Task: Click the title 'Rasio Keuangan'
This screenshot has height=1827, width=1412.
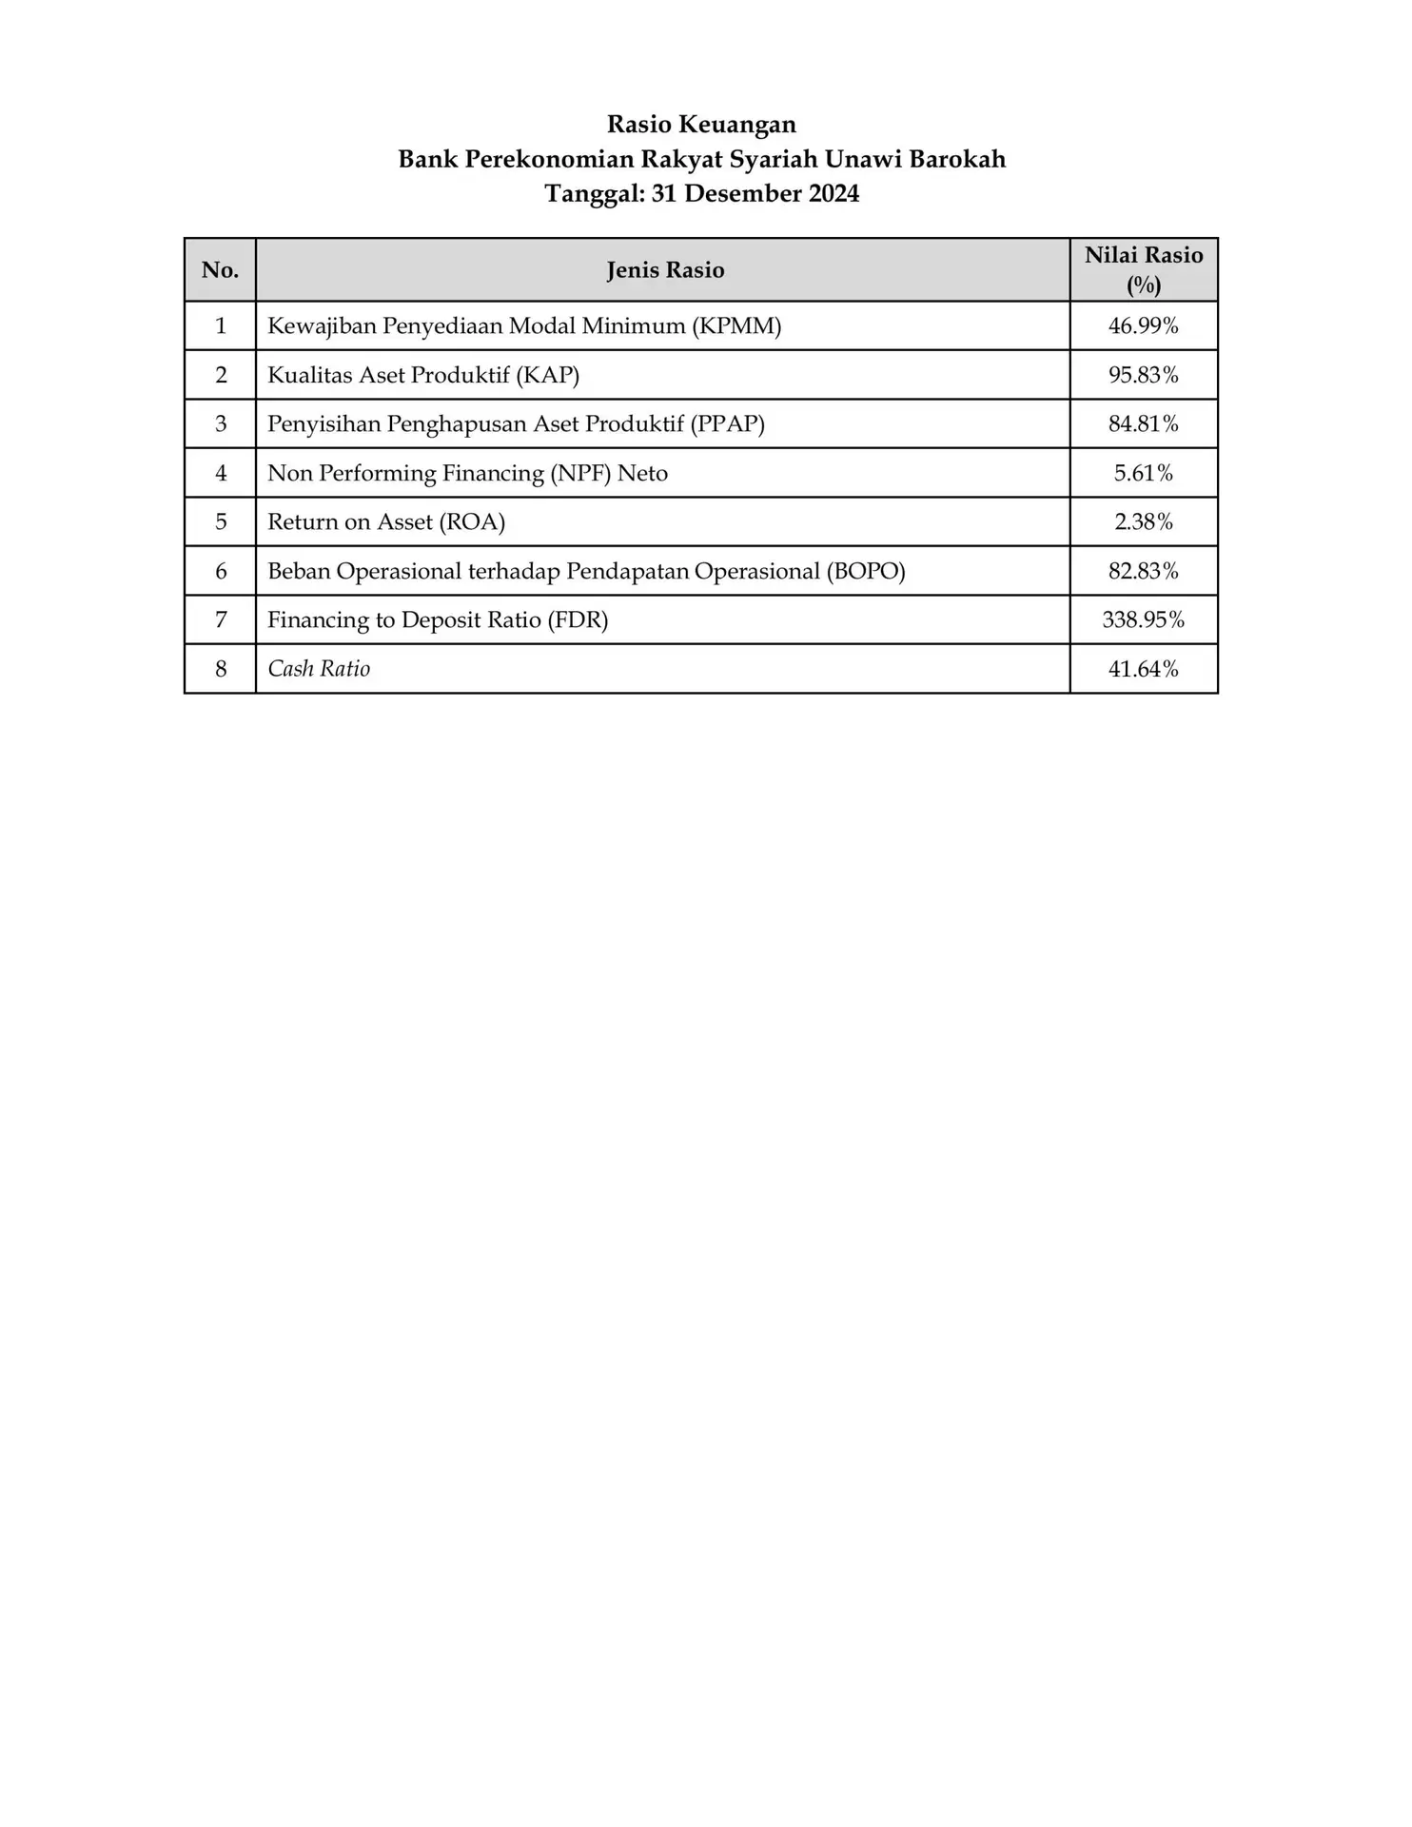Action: click(x=701, y=125)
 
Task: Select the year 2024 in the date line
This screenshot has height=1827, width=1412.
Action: click(x=833, y=194)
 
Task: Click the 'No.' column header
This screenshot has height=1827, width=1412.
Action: click(x=220, y=270)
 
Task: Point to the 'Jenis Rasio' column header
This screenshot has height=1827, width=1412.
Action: click(x=665, y=270)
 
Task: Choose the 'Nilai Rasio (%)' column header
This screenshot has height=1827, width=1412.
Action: click(x=1143, y=270)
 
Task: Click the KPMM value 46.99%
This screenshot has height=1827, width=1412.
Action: click(x=1143, y=326)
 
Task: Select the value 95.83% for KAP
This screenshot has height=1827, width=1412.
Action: click(x=1143, y=375)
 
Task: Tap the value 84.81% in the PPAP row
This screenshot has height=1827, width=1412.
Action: click(x=1143, y=424)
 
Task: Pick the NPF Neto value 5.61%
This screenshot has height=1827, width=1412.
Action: click(x=1143, y=473)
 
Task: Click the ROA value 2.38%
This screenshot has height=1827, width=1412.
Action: click(x=1143, y=521)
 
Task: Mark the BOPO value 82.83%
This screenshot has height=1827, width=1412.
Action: click(x=1143, y=571)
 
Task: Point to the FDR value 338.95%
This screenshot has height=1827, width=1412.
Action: click(x=1143, y=620)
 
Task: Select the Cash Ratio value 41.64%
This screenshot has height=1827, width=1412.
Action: click(x=1143, y=669)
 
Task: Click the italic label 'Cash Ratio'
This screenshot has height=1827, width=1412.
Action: click(x=319, y=669)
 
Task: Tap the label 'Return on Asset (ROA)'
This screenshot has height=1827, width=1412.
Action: click(x=386, y=521)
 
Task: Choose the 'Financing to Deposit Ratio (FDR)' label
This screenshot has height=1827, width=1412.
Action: click(x=438, y=620)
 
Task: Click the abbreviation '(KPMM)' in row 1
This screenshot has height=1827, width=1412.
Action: click(x=736, y=326)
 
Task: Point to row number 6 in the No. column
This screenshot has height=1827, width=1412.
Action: click(x=221, y=571)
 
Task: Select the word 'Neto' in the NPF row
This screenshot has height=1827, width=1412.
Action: click(x=642, y=473)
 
